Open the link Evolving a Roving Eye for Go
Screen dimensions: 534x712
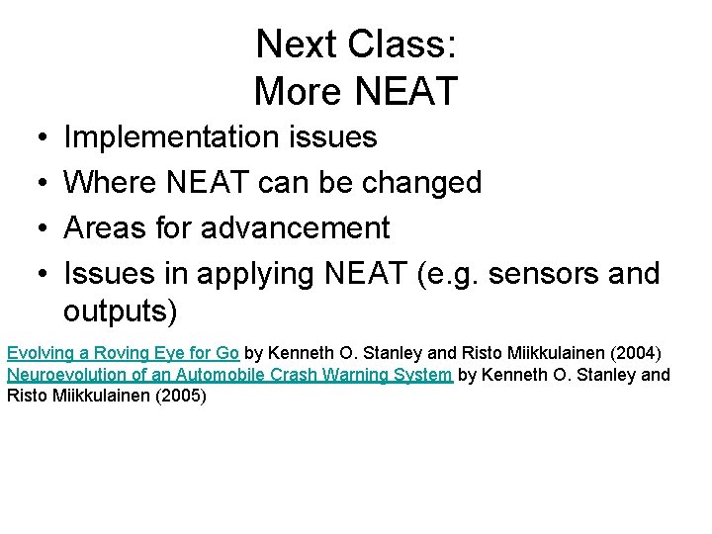(x=123, y=353)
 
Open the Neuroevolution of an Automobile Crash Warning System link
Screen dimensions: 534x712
(x=229, y=375)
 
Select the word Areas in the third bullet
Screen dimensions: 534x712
(x=105, y=228)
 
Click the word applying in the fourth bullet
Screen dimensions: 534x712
(x=256, y=274)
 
